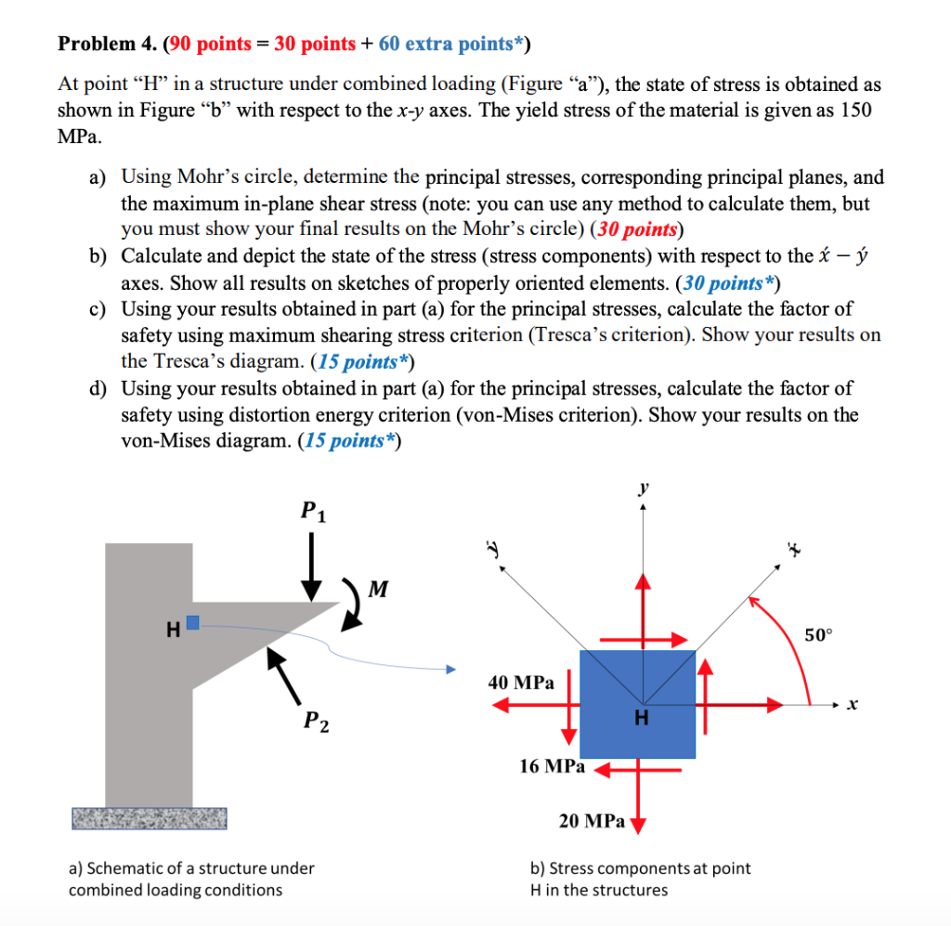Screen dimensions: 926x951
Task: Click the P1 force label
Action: (313, 512)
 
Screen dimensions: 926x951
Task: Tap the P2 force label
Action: (315, 721)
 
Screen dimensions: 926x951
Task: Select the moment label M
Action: (378, 589)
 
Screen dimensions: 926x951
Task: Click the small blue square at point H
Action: (193, 622)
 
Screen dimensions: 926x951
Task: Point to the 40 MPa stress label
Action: (521, 683)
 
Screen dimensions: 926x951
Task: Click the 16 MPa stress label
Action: (552, 766)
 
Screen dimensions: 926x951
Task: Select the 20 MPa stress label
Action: (592, 821)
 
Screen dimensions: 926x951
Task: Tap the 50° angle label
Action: (821, 635)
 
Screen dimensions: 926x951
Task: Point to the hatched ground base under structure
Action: (150, 817)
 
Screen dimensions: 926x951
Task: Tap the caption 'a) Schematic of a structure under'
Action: (191, 868)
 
